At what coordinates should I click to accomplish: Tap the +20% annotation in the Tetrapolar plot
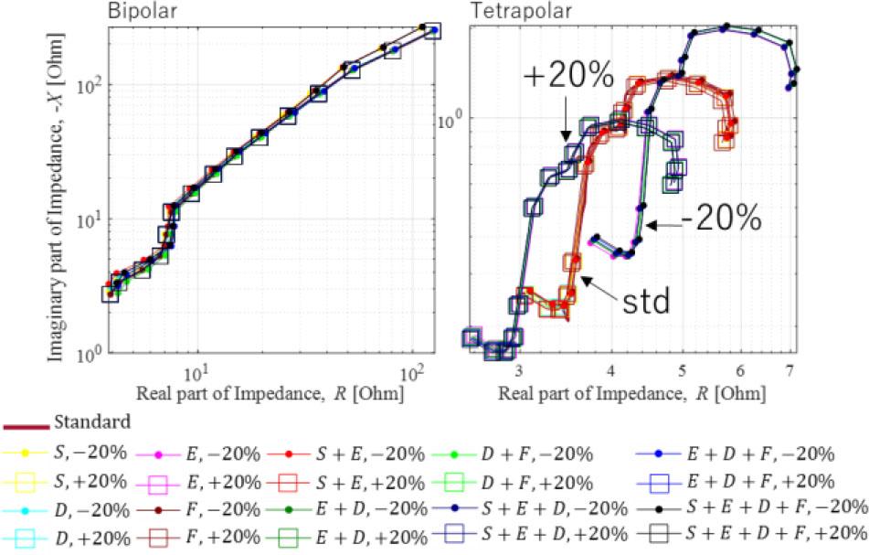click(567, 77)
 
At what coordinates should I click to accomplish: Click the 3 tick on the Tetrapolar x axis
click(519, 372)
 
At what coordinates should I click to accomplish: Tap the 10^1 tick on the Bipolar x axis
click(196, 374)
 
